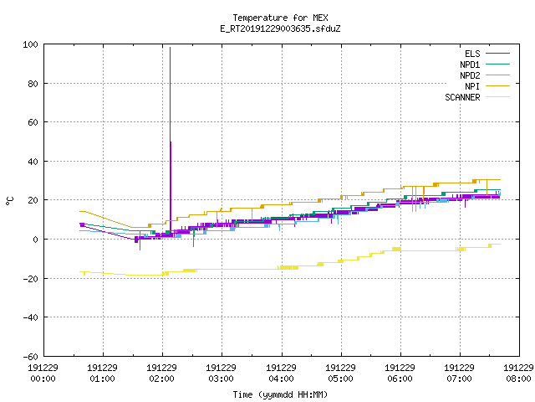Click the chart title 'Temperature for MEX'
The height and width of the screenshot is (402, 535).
click(x=280, y=18)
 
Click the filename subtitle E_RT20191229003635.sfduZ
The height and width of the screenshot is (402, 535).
click(x=280, y=28)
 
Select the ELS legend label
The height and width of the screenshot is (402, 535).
click(x=472, y=54)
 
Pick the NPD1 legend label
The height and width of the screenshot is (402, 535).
click(x=470, y=64)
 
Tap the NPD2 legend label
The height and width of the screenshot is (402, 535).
click(x=470, y=75)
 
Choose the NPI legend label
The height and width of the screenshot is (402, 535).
click(x=472, y=86)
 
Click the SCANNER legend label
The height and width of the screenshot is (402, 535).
click(x=462, y=97)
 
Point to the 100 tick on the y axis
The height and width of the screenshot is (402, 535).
click(x=30, y=44)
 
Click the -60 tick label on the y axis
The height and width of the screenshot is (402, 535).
click(x=30, y=357)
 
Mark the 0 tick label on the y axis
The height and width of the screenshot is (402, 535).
click(x=35, y=240)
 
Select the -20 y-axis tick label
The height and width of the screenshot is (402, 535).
click(x=30, y=279)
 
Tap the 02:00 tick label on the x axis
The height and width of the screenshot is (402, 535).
click(x=161, y=379)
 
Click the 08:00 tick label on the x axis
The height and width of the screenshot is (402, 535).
click(x=518, y=379)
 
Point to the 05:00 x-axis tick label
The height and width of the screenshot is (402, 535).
click(x=340, y=379)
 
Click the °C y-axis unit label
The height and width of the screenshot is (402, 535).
click(x=10, y=201)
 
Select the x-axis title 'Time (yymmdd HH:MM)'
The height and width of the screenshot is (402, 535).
click(x=280, y=394)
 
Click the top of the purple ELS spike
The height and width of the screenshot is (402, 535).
click(x=171, y=48)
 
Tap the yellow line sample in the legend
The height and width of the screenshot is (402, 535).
click(x=498, y=97)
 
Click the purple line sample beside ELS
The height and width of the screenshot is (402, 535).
click(x=498, y=54)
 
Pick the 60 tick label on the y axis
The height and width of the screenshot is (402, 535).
click(x=33, y=122)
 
